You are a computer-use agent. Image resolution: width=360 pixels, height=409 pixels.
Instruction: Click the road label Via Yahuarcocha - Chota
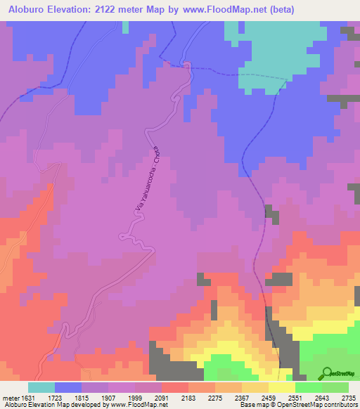(148, 181)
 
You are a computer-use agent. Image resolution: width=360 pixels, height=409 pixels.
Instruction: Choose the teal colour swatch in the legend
(41, 387)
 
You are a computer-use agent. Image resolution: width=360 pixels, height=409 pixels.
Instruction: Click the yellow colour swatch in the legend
(282, 387)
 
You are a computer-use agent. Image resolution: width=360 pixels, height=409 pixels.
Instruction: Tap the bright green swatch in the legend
(309, 387)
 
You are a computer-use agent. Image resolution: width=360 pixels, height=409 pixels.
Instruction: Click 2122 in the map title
(124, 10)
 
